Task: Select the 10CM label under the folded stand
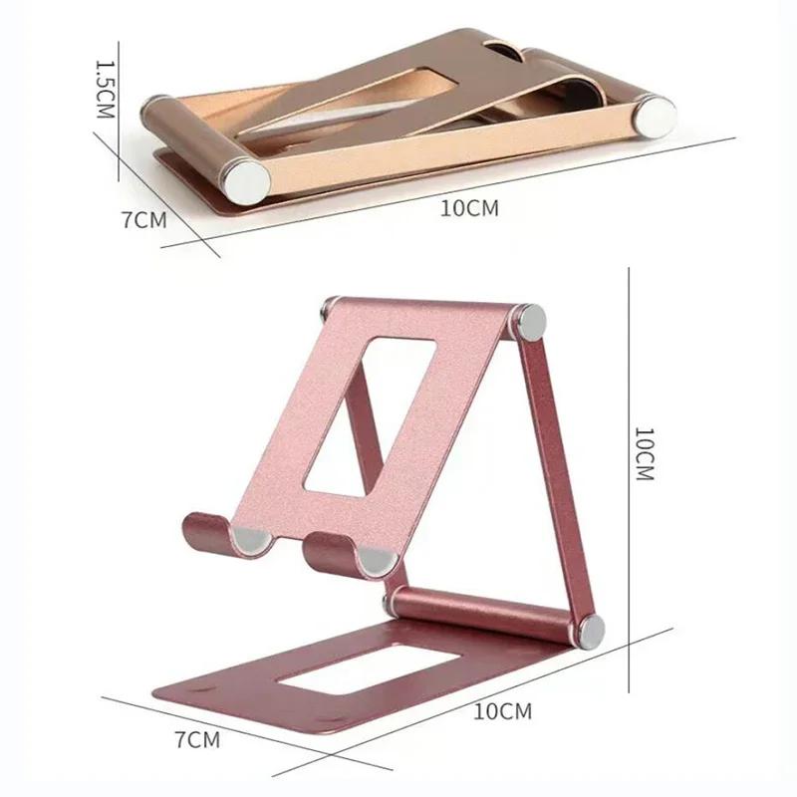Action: coord(467,207)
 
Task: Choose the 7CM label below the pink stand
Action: coord(197,739)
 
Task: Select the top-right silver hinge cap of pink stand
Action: coord(528,321)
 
